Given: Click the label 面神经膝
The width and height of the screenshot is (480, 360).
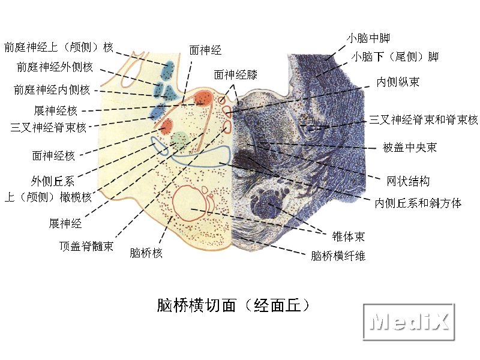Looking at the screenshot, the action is pos(235,74).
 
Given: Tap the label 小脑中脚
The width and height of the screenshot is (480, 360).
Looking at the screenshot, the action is pos(368,38).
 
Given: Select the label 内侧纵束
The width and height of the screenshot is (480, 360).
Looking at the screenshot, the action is pos(398,82).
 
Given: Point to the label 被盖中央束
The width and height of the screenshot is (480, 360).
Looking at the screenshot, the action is pos(409,148).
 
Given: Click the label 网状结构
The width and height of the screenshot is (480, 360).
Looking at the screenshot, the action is pos(408,181).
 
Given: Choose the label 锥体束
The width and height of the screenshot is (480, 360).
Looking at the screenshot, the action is pos(349,236).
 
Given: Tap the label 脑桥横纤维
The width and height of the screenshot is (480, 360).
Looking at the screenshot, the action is pos(338,256).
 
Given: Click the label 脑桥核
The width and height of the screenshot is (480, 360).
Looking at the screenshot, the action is pos(146,253).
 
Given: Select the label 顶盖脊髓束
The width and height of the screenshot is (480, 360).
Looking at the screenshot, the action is pos(86,246).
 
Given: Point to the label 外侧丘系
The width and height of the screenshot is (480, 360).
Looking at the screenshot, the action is pos(53,181).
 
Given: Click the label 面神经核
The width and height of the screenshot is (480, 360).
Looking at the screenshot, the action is pos(53,156).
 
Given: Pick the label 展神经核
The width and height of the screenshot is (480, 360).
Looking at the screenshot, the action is pos(55,110).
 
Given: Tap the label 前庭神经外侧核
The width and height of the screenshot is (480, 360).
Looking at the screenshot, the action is pos(55,67).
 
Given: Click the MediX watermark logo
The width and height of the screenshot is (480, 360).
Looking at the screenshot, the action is pos(409,322).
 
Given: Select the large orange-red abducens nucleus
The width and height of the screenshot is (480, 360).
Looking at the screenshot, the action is pos(203,98).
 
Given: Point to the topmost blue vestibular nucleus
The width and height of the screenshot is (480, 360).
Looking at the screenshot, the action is pos(168,71).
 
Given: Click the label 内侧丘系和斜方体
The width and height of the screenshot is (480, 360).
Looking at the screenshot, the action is pos(418,203).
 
